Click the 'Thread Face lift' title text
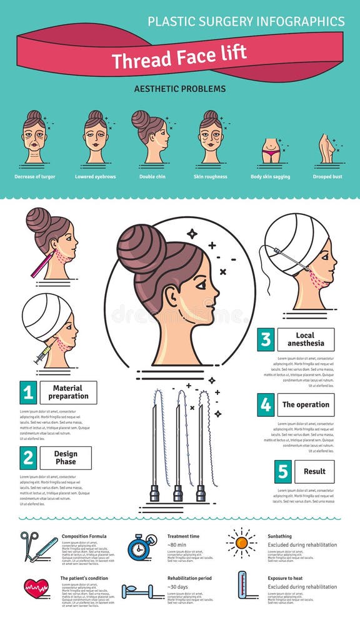click(179, 58)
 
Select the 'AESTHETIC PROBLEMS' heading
click(180, 89)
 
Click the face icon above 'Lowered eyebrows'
click(96, 137)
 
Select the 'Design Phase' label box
click(66, 458)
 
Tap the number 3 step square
click(266, 339)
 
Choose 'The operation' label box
click(306, 404)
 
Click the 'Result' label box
click(314, 471)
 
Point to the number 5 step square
click(283, 471)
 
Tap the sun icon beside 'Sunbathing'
click(241, 543)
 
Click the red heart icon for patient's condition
click(36, 587)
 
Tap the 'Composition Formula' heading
click(84, 536)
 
